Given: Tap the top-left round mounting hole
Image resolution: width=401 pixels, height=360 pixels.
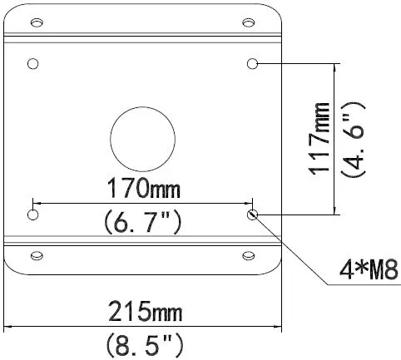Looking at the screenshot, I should [x=33, y=64].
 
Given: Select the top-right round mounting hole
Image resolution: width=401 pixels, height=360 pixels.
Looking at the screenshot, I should [x=252, y=64].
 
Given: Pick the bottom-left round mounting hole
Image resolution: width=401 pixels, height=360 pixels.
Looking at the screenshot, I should [x=33, y=215].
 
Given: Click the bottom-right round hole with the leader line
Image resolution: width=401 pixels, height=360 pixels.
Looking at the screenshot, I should [x=252, y=215].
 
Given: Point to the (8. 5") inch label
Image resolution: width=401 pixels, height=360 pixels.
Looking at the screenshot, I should [x=142, y=343].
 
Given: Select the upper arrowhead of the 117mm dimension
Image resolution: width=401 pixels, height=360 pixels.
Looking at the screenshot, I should [x=334, y=67].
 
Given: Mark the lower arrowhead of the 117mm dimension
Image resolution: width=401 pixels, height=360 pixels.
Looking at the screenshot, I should [x=334, y=211].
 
